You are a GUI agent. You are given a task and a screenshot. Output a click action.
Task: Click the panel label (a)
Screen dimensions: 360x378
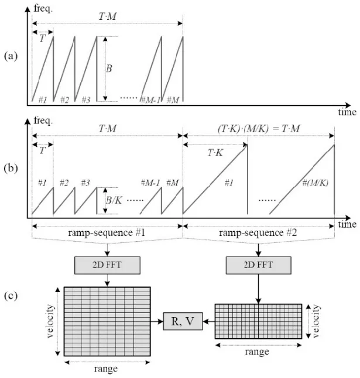pos(10,57)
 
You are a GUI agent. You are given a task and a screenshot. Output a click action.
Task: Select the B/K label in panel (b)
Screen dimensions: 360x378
pos(112,201)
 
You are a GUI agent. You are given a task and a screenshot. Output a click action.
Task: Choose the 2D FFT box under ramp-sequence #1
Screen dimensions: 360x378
pos(107,266)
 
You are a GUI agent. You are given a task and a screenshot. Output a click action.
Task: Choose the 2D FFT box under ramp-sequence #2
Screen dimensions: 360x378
pos(259,266)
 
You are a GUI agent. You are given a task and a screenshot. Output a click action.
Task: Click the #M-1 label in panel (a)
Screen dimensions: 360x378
pos(150,99)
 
